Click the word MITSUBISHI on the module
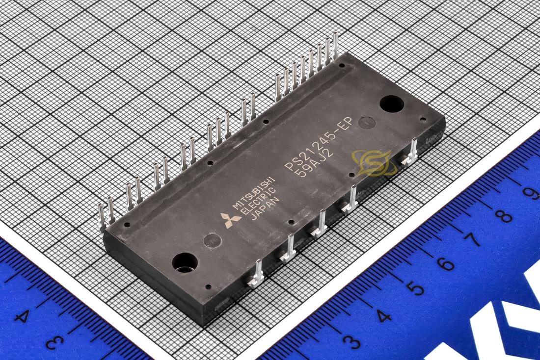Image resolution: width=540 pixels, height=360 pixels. (x=254, y=193)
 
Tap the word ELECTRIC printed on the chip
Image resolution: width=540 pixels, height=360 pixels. (x=258, y=202)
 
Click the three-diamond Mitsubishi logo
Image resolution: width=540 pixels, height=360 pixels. (x=230, y=220)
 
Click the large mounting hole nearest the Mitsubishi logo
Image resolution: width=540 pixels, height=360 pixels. (x=185, y=262)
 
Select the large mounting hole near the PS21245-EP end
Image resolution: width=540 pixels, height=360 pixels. (x=392, y=103)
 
